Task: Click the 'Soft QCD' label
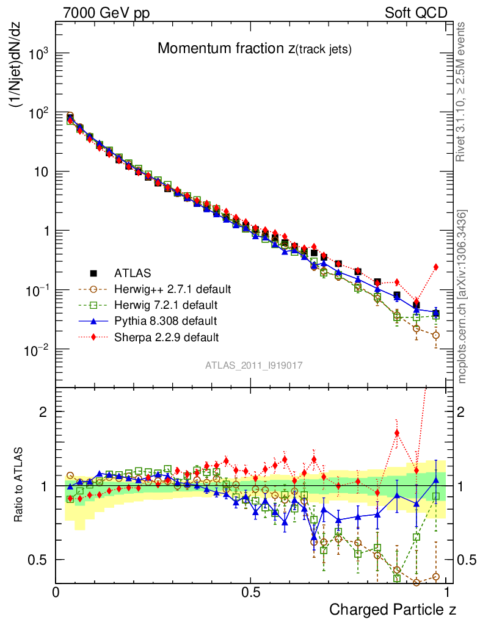416,12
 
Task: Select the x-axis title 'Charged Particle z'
393,609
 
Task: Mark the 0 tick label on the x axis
56,592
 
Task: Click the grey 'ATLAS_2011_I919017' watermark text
253,365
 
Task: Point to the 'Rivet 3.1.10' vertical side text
462,92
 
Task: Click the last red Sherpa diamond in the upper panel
435,267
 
